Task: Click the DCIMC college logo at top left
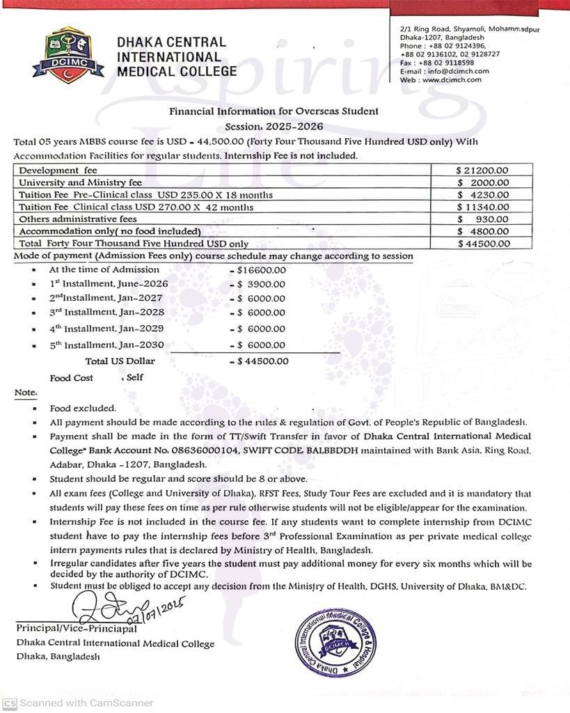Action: [x=68, y=55]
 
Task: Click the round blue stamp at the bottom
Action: [x=335, y=642]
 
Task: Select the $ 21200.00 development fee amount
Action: [x=482, y=170]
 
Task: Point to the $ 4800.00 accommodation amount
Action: [x=484, y=231]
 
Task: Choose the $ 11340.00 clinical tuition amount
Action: [x=483, y=207]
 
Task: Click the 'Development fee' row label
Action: [x=58, y=170]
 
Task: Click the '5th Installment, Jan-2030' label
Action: [x=106, y=345]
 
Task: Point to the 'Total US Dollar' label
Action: [x=120, y=361]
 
